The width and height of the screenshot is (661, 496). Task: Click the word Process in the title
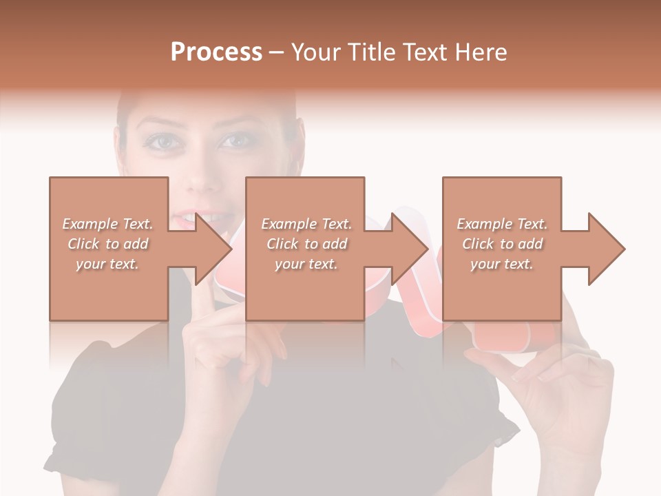point(216,52)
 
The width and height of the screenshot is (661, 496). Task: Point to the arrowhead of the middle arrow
point(410,249)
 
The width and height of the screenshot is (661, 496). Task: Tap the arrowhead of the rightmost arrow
point(607,249)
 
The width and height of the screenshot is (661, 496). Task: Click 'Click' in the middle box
point(282,244)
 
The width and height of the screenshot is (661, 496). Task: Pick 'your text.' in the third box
point(501,264)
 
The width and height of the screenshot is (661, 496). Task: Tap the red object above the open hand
point(513,338)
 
